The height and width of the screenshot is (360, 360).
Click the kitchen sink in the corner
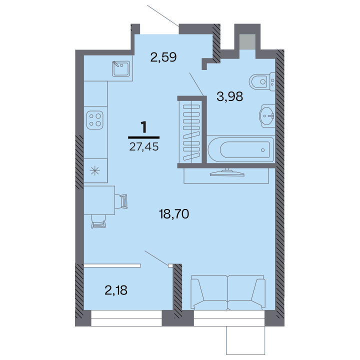121,68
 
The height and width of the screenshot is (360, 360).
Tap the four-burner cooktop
95,120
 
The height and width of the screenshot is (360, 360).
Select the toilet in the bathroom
262,81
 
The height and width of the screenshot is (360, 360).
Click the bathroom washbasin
267,115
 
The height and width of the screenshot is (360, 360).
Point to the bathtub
241,149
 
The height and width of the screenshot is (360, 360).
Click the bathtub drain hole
262,150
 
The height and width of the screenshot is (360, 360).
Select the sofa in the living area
228,292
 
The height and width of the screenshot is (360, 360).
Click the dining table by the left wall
99,200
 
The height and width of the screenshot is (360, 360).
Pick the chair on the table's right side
121,201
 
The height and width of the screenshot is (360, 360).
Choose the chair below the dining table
98,221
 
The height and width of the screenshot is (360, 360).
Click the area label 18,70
174,214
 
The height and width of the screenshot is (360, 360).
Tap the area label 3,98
230,96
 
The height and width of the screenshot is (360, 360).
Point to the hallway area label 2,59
163,57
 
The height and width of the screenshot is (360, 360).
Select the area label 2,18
116,290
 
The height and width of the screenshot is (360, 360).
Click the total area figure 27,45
143,146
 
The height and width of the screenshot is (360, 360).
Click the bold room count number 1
143,127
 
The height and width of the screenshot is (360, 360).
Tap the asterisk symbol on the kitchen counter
95,171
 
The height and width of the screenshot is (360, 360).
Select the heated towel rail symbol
191,132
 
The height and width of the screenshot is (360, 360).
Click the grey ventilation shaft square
247,42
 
